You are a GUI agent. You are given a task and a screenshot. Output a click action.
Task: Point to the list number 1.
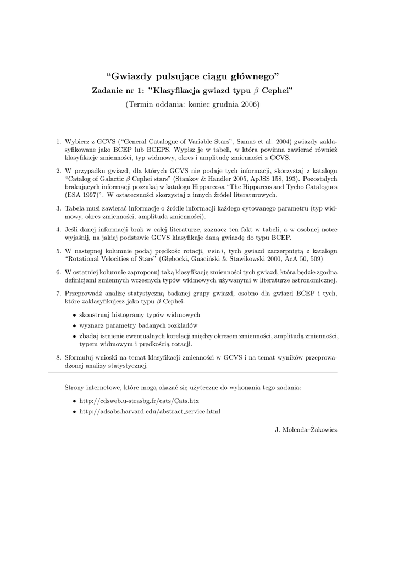pos(58,141)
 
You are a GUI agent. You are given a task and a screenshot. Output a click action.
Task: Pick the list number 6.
pos(58,272)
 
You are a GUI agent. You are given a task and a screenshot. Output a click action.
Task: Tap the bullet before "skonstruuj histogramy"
pos(75,315)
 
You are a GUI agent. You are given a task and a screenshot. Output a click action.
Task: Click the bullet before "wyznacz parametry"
pos(75,325)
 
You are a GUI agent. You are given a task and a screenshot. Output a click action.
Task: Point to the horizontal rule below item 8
pos(193,373)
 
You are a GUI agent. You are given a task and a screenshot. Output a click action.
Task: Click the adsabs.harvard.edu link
pos(150,411)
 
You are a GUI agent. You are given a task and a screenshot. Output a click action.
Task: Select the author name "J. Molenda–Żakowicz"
pos(306,428)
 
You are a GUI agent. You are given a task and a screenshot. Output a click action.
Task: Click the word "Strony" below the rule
pos(75,387)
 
